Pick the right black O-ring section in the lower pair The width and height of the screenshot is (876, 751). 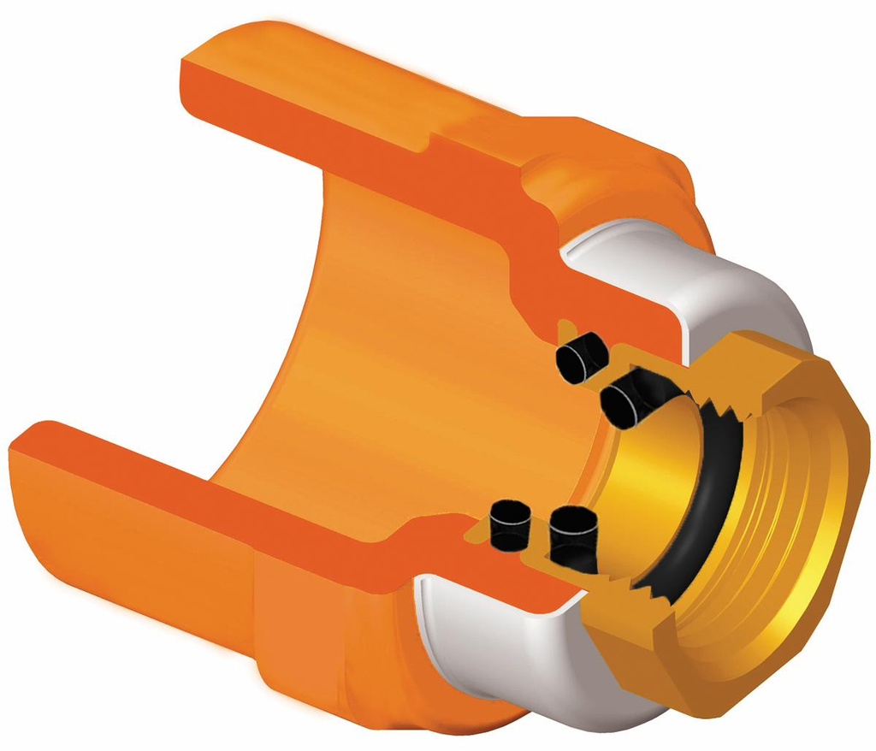[571, 536]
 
